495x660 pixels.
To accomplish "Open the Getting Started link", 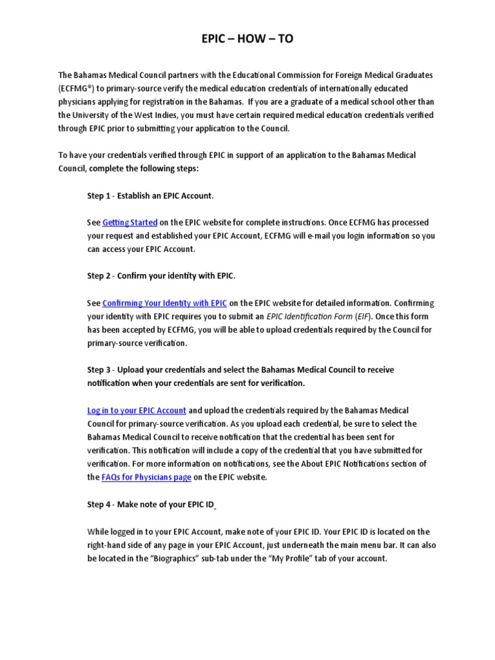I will [130, 222].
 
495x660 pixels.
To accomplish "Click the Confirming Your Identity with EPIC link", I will [164, 303].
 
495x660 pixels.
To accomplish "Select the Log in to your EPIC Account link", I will [137, 410].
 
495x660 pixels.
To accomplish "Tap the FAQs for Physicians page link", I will [146, 478].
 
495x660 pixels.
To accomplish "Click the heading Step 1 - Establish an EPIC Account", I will [150, 195].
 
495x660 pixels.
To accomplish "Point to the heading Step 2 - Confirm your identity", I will [161, 276].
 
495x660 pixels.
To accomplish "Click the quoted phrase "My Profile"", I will [282, 559].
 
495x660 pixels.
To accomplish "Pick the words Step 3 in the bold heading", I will [99, 370].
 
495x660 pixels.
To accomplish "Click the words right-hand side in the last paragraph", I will [112, 545].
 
